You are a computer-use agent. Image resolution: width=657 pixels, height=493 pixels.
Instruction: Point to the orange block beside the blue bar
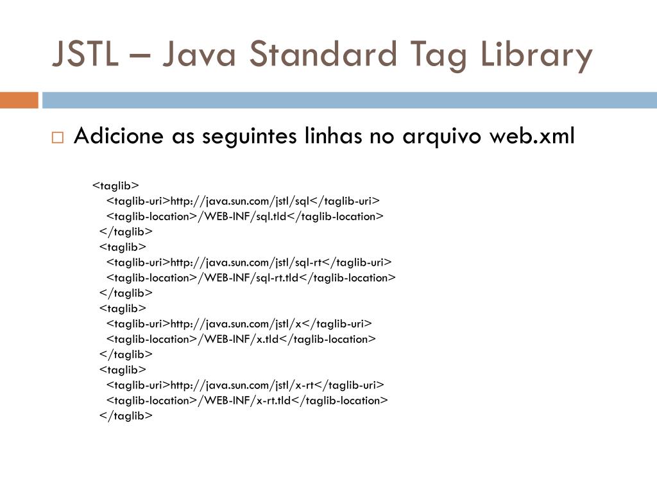coord(19,100)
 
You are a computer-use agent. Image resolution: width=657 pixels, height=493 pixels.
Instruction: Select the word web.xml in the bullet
coord(532,136)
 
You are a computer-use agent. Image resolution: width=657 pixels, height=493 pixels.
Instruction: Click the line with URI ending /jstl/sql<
coord(243,201)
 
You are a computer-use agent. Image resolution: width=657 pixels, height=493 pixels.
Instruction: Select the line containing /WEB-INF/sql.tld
coord(244,216)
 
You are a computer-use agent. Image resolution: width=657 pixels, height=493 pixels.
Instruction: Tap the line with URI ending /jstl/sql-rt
coord(248,263)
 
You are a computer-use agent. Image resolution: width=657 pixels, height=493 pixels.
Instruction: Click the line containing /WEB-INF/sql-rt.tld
coord(251,278)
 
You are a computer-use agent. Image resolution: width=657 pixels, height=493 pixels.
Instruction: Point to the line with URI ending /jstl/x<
coord(239,324)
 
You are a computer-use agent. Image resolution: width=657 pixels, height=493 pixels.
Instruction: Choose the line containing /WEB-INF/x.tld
coord(241,339)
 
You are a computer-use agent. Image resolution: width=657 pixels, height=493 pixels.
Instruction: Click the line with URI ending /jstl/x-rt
coord(245,385)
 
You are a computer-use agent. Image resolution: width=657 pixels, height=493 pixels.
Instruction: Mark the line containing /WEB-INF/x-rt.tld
coord(247,401)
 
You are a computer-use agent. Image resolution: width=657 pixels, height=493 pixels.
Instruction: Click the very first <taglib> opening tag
coord(116,186)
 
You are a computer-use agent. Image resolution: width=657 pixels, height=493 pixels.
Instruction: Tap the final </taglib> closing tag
coord(126,416)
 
